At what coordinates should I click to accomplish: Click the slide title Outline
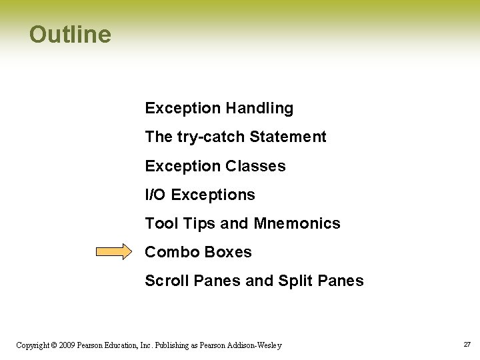70,34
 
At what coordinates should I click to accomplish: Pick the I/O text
156,195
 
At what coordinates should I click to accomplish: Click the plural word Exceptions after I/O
213,195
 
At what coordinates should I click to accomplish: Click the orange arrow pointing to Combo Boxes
114,252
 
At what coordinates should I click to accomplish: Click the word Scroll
167,281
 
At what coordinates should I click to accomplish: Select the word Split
296,281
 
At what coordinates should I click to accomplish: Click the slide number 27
467,345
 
